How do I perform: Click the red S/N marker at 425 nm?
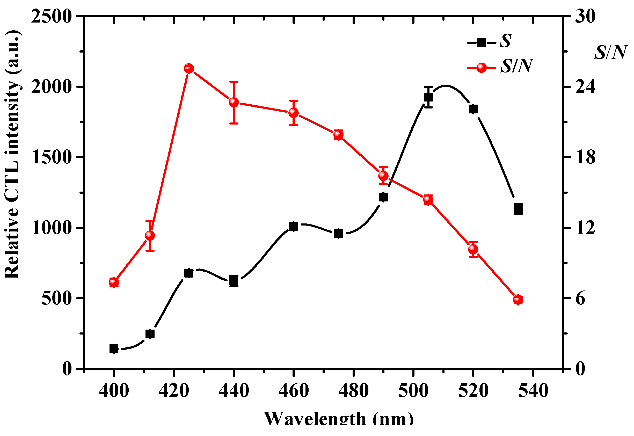click(189, 68)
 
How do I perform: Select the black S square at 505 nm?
click(428, 97)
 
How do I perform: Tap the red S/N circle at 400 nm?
click(114, 282)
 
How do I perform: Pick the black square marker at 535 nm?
click(518, 209)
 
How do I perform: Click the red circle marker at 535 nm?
click(518, 300)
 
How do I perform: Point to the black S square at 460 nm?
click(294, 226)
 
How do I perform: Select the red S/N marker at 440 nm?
click(234, 103)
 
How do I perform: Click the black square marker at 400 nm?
click(114, 349)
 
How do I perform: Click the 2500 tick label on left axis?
click(51, 16)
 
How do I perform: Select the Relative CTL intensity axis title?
click(12, 154)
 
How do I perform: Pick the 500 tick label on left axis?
click(56, 298)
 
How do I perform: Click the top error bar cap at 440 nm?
click(234, 81)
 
